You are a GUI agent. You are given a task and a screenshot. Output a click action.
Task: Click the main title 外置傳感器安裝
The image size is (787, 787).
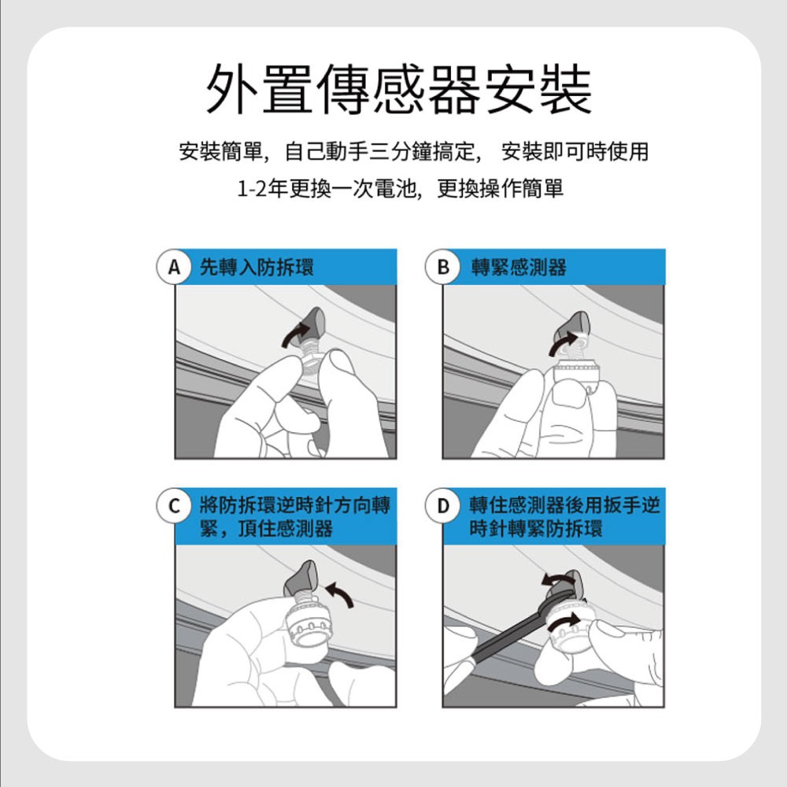(x=399, y=89)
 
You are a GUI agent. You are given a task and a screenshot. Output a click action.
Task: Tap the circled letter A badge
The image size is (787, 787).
(x=174, y=267)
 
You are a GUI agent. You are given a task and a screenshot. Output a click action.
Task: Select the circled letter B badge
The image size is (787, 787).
(x=442, y=267)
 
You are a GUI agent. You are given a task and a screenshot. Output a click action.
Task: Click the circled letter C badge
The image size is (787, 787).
(x=174, y=505)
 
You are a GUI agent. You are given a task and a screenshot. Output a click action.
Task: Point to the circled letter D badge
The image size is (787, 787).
(x=442, y=505)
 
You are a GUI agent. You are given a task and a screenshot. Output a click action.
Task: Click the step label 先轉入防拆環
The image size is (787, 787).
(x=257, y=267)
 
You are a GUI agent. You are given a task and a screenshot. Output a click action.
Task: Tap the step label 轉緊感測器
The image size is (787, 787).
(x=519, y=267)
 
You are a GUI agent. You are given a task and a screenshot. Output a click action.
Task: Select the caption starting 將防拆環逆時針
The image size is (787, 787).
(x=294, y=516)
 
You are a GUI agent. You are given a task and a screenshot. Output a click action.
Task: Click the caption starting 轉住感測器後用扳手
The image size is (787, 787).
(x=564, y=516)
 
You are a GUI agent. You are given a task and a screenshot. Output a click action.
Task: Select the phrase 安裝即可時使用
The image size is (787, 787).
(x=575, y=152)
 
